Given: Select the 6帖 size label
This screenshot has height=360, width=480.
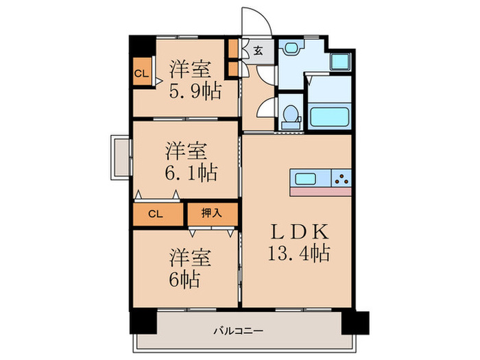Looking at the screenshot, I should click(185, 280).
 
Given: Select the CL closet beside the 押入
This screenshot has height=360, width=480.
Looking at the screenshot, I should click(157, 214).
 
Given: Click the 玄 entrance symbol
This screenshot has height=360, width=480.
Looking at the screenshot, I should click(258, 50).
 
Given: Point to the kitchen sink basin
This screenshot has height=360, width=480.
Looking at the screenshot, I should click(306, 179).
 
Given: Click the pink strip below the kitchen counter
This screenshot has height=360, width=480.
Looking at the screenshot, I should click(321, 191).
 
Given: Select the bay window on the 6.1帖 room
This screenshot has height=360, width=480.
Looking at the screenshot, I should click(121, 157).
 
